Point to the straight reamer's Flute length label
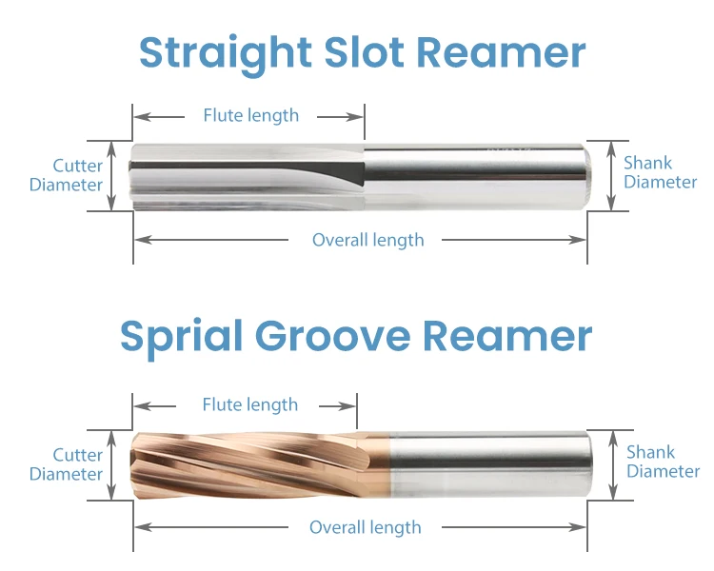[250, 116]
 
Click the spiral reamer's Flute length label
[249, 405]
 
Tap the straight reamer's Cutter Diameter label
[66, 175]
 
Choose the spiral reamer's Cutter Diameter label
[66, 464]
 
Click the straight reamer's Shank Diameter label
[660, 172]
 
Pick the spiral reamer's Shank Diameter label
[663, 462]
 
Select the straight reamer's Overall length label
[367, 240]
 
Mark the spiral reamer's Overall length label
[365, 527]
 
